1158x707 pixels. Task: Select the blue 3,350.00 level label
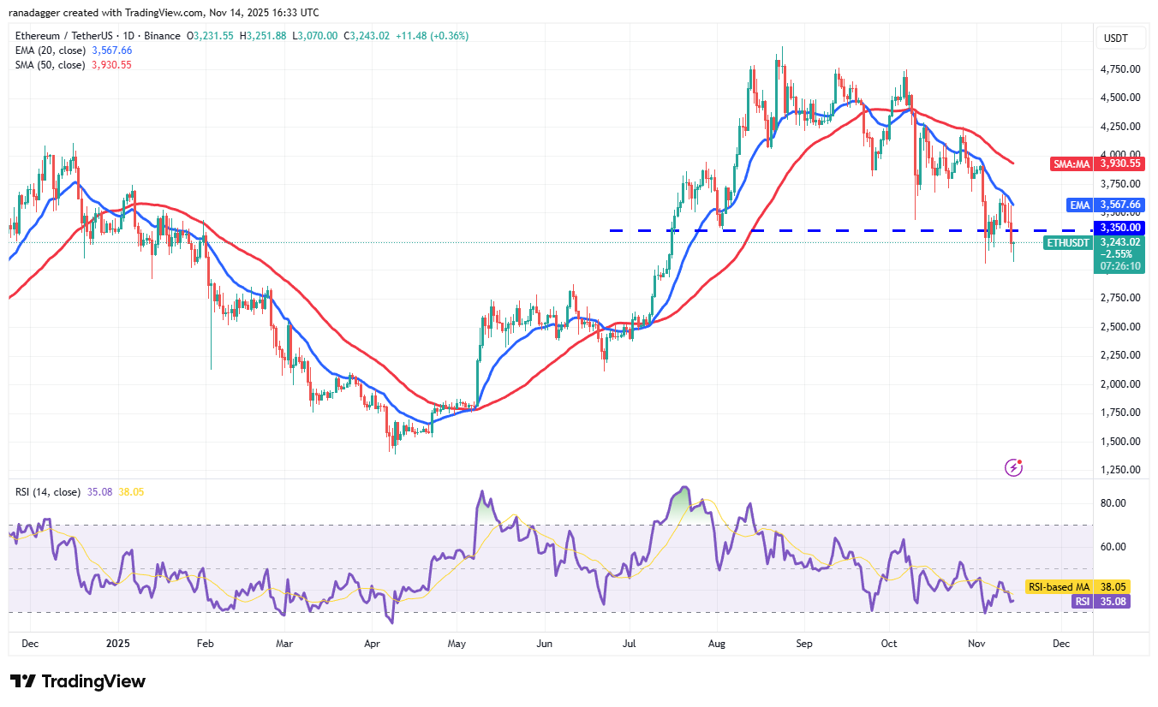(1119, 228)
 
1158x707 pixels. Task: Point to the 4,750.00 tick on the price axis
(1119, 68)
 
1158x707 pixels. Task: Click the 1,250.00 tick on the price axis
(1119, 470)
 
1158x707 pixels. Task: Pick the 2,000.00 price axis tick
(1119, 383)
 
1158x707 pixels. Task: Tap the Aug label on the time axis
(717, 642)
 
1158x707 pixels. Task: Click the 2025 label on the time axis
(116, 642)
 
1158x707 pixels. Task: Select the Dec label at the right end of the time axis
(1060, 642)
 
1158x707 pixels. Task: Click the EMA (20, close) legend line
(72, 50)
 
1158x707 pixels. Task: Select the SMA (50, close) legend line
(72, 65)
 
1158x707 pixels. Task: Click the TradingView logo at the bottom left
(79, 681)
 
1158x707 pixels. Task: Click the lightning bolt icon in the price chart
(1014, 468)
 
